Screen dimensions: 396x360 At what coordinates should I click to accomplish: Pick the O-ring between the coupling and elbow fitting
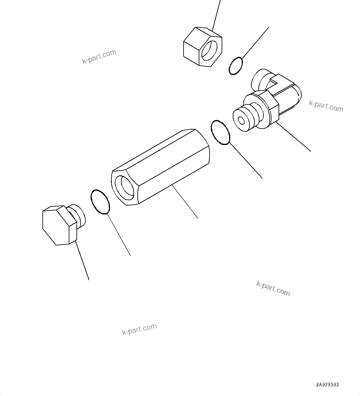(220, 132)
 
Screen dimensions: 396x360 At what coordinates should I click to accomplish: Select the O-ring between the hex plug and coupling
(100, 202)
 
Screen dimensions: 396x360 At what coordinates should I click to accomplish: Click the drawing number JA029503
(327, 385)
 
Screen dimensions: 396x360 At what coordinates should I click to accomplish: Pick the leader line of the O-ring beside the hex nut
(255, 43)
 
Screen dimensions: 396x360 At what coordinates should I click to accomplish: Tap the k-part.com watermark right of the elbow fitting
(326, 106)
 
